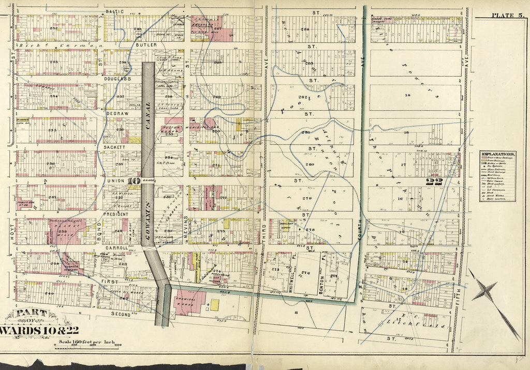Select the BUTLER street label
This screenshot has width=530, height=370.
[x=146, y=45]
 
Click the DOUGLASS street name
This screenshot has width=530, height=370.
[x=119, y=79]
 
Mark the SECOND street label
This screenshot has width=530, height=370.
[x=120, y=314]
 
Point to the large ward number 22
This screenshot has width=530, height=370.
[x=432, y=181]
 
